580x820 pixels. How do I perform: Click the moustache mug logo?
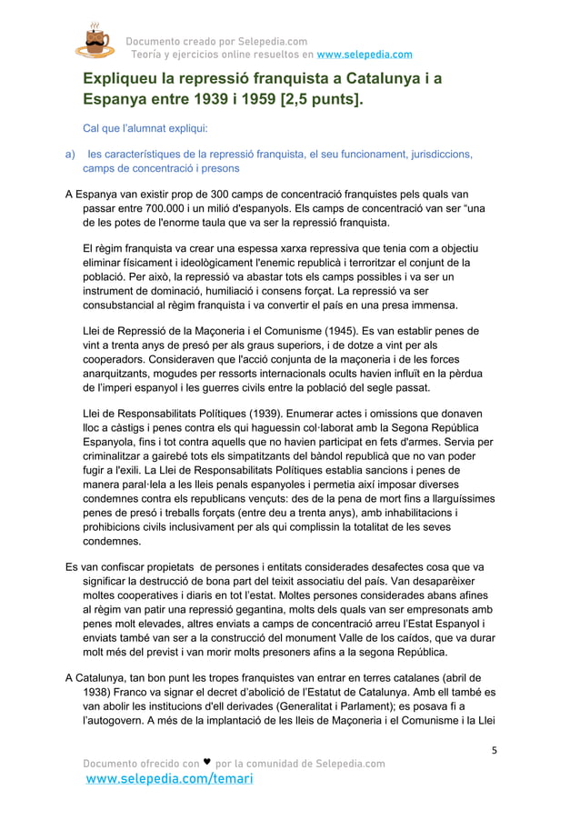pyautogui.click(x=95, y=41)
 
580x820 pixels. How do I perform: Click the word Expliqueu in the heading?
pyautogui.click(x=125, y=79)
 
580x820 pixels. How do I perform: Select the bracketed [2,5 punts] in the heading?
pyautogui.click(x=317, y=97)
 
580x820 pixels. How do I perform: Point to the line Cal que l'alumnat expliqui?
pyautogui.click(x=145, y=127)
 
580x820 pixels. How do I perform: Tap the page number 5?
pyautogui.click(x=493, y=751)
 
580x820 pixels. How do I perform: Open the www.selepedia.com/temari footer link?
pyautogui.click(x=168, y=780)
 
